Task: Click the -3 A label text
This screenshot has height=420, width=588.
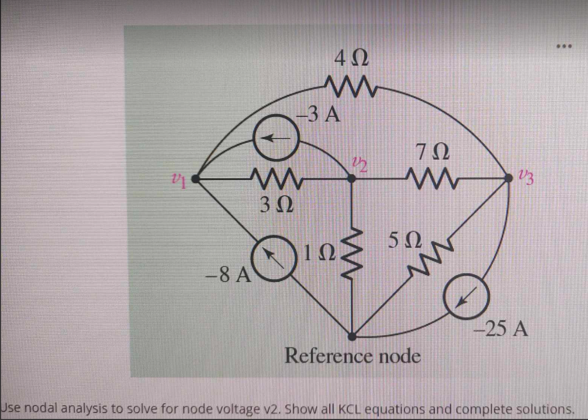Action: coord(318,113)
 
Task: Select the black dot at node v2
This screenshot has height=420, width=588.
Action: coord(354,179)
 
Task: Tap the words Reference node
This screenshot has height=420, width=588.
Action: coord(352,357)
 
